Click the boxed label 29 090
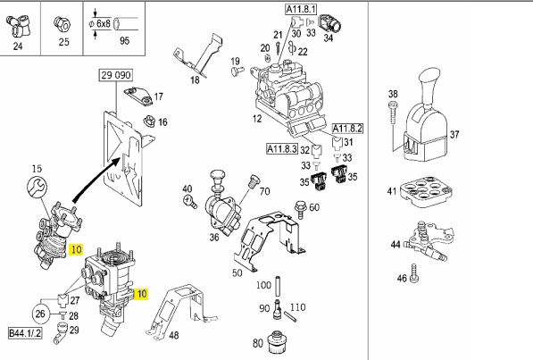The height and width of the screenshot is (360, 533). click(x=116, y=75)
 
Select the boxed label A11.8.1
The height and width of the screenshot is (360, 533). click(x=301, y=9)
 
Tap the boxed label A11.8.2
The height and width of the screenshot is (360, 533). click(x=347, y=129)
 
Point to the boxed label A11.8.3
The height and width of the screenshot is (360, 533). click(x=282, y=148)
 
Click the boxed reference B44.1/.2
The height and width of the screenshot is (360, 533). click(x=25, y=333)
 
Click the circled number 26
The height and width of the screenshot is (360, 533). click(x=40, y=314)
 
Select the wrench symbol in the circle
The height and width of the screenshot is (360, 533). click(x=37, y=187)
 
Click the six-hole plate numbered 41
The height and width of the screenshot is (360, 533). click(x=427, y=190)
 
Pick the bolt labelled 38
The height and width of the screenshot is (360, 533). click(x=393, y=113)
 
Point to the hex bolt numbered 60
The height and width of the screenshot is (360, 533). click(x=300, y=209)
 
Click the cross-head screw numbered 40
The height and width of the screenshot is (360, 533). click(x=190, y=201)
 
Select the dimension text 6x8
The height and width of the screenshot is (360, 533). click(x=104, y=23)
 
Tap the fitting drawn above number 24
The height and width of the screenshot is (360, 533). click(x=19, y=26)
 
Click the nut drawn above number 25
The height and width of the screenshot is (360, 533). click(x=62, y=24)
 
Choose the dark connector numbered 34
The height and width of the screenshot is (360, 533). click(x=330, y=24)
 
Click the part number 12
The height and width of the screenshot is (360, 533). click(x=257, y=119)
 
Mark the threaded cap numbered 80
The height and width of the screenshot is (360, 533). click(x=277, y=343)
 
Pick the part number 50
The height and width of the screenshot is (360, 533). click(x=237, y=272)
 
